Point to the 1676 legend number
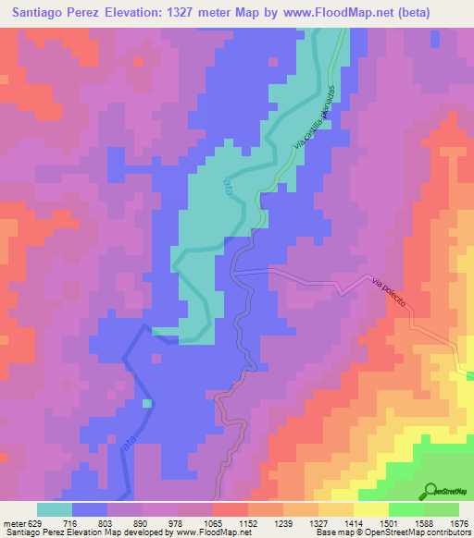[460, 522]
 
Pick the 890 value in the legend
[138, 522]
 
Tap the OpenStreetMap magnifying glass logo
[430, 490]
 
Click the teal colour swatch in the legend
[55, 509]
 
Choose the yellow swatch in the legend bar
[371, 509]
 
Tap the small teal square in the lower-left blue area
[147, 403]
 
